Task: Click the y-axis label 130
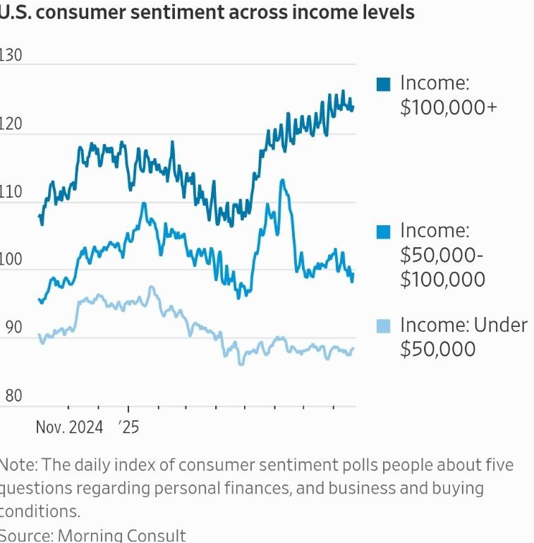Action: pyautogui.click(x=11, y=55)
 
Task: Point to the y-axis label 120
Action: pyautogui.click(x=11, y=124)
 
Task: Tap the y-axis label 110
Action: pyautogui.click(x=11, y=191)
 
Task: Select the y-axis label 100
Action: pyautogui.click(x=11, y=259)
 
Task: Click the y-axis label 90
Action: pyautogui.click(x=11, y=328)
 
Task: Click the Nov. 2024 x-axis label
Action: pyautogui.click(x=68, y=427)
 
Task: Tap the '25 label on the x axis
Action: pyautogui.click(x=129, y=427)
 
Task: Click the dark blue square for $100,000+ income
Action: pyautogui.click(x=384, y=84)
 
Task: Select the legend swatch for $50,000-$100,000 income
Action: pyautogui.click(x=384, y=232)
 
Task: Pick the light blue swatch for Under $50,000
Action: pyautogui.click(x=384, y=326)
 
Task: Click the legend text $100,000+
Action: pyautogui.click(x=449, y=107)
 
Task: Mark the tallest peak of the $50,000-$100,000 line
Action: pyautogui.click(x=282, y=180)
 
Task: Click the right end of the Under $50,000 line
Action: pyautogui.click(x=353, y=348)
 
